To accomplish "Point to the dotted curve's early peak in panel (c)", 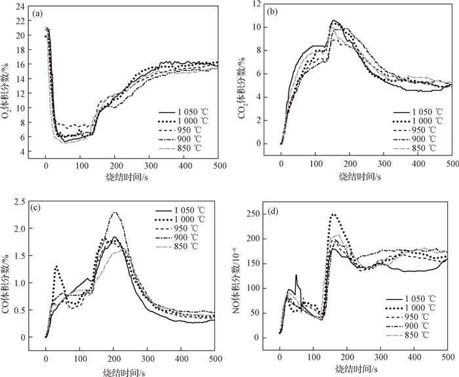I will pyautogui.click(x=57, y=266).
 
